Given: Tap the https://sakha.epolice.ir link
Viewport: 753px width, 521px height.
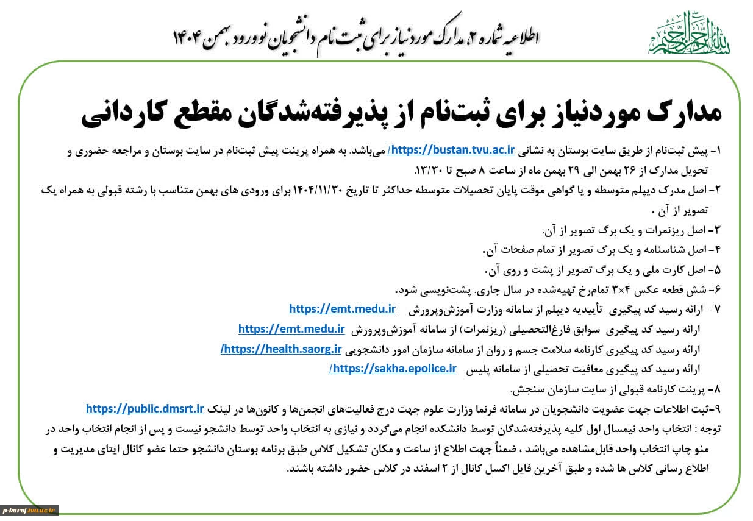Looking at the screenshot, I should coord(393,369).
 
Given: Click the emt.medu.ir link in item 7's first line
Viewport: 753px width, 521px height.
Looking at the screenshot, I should coord(342,310).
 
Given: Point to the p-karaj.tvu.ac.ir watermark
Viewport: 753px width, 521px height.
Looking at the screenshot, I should coord(29,510).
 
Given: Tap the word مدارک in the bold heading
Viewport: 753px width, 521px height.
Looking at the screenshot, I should coord(677,114).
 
